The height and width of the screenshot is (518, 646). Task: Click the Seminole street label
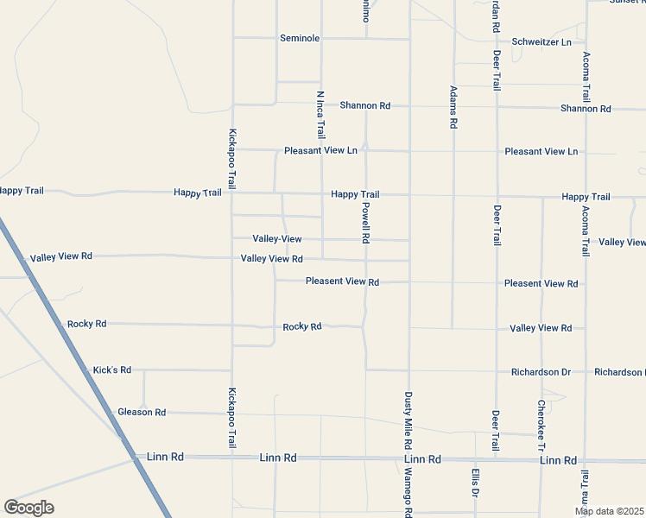pyautogui.click(x=300, y=39)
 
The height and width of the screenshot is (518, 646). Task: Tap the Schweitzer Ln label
pyautogui.click(x=541, y=42)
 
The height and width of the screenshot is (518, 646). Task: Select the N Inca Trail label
pyautogui.click(x=320, y=115)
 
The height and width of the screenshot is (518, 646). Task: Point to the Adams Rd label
pyautogui.click(x=453, y=107)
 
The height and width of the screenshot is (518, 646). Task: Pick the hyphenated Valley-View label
pyautogui.click(x=277, y=238)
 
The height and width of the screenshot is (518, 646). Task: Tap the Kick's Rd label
pyautogui.click(x=112, y=370)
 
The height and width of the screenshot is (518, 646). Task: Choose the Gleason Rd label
pyautogui.click(x=142, y=413)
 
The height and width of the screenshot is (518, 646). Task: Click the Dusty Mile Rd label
pyautogui.click(x=408, y=420)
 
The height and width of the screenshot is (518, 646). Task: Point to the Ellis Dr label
pyautogui.click(x=475, y=483)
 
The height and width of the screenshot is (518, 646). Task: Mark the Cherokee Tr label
pyautogui.click(x=541, y=425)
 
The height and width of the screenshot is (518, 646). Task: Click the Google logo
pyautogui.click(x=28, y=507)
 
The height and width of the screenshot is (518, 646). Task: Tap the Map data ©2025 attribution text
pyautogui.click(x=608, y=511)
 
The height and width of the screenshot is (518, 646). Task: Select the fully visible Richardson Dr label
pyautogui.click(x=541, y=372)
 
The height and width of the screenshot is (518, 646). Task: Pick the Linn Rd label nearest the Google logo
pyautogui.click(x=166, y=456)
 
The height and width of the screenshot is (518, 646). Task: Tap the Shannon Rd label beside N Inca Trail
pyautogui.click(x=364, y=105)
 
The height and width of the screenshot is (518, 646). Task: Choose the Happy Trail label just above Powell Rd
pyautogui.click(x=355, y=194)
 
